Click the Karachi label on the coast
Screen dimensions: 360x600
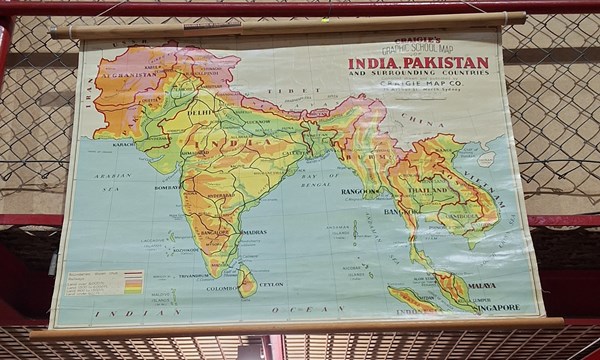124,144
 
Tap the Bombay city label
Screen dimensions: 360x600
167,187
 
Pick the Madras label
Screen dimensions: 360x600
254,232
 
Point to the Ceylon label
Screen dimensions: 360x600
271,284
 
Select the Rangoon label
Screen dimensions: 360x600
359,191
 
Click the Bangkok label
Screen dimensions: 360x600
400,212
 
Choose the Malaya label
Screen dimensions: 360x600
481,285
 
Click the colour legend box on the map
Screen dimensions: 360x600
105,284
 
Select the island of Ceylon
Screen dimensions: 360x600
246,282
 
